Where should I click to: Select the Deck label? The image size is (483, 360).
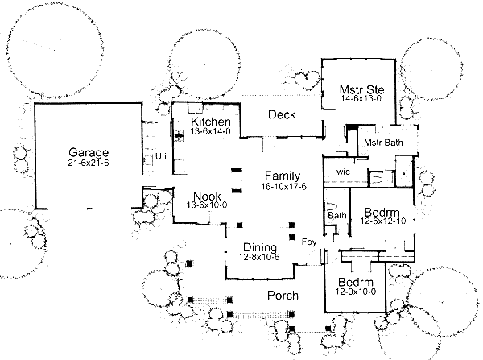282,115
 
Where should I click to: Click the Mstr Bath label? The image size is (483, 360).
382,143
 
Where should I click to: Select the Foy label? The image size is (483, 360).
308,242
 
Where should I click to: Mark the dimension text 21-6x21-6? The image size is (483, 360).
89,163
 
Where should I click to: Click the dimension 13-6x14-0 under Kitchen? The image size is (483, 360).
211,131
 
